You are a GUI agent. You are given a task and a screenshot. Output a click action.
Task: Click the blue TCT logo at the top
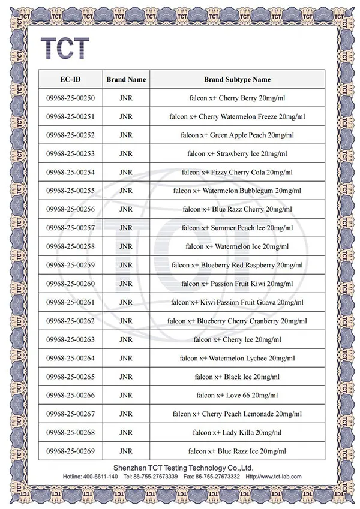pyautogui.click(x=65, y=47)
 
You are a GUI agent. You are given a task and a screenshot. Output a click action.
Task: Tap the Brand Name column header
pyautogui.click(x=126, y=79)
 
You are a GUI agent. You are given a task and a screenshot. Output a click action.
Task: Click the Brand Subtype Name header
pyautogui.click(x=237, y=79)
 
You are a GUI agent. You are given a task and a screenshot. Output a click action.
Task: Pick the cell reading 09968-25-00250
pyautogui.click(x=70, y=98)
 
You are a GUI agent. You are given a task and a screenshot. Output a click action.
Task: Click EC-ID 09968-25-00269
pyautogui.click(x=70, y=451)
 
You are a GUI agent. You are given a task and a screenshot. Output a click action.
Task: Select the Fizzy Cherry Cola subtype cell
pyautogui.click(x=237, y=172)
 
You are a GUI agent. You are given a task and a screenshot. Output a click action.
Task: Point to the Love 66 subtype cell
pyautogui.click(x=237, y=395)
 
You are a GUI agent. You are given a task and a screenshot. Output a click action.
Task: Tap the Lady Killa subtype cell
pyautogui.click(x=237, y=432)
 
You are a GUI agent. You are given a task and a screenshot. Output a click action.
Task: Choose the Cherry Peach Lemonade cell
pyautogui.click(x=237, y=414)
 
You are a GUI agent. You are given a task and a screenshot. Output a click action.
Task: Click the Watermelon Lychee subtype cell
pyautogui.click(x=237, y=358)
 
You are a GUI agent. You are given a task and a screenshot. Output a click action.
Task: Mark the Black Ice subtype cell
pyautogui.click(x=237, y=377)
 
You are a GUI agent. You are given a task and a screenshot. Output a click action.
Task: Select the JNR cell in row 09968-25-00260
pyautogui.click(x=126, y=284)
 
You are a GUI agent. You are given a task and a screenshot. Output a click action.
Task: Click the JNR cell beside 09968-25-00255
pyautogui.click(x=126, y=191)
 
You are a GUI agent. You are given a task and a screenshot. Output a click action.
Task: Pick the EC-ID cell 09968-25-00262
pyautogui.click(x=70, y=321)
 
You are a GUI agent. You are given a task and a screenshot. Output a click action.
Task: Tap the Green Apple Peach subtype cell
pyautogui.click(x=237, y=135)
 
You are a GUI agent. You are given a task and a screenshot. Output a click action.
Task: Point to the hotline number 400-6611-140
pyautogui.click(x=100, y=477)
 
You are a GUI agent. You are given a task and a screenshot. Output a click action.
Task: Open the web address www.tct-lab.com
pyautogui.click(x=280, y=477)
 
